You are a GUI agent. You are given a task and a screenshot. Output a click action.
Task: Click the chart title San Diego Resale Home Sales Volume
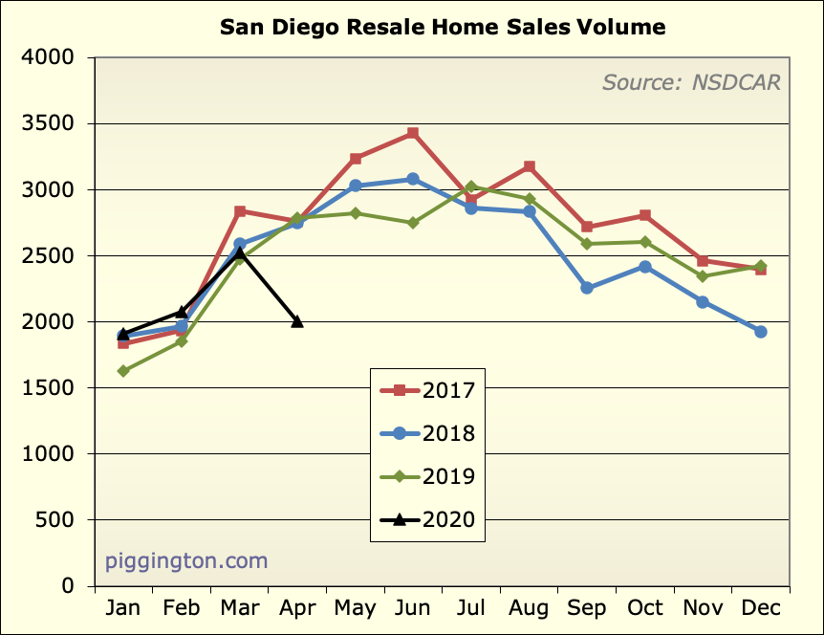[443, 27]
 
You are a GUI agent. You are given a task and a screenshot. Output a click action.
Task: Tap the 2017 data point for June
[413, 133]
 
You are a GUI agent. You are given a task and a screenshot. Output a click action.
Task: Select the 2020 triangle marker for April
[297, 321]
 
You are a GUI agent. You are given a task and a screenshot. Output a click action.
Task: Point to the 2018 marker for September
[587, 288]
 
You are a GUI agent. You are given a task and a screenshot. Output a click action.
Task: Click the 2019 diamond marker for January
[123, 371]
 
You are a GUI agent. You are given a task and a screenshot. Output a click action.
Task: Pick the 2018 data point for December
[761, 332]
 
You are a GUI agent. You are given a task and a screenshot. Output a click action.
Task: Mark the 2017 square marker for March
[240, 211]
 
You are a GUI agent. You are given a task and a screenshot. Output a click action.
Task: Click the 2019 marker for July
[471, 186]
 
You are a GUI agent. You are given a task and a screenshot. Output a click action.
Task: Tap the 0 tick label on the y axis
[67, 586]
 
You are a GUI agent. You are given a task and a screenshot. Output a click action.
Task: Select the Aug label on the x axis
[529, 609]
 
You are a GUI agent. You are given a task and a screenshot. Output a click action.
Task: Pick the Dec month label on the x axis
[761, 609]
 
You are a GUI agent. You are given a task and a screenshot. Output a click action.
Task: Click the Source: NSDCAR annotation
[691, 82]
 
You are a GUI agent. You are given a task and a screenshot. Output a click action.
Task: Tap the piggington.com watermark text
[186, 560]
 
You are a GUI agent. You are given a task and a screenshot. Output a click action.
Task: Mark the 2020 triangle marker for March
[240, 252]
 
